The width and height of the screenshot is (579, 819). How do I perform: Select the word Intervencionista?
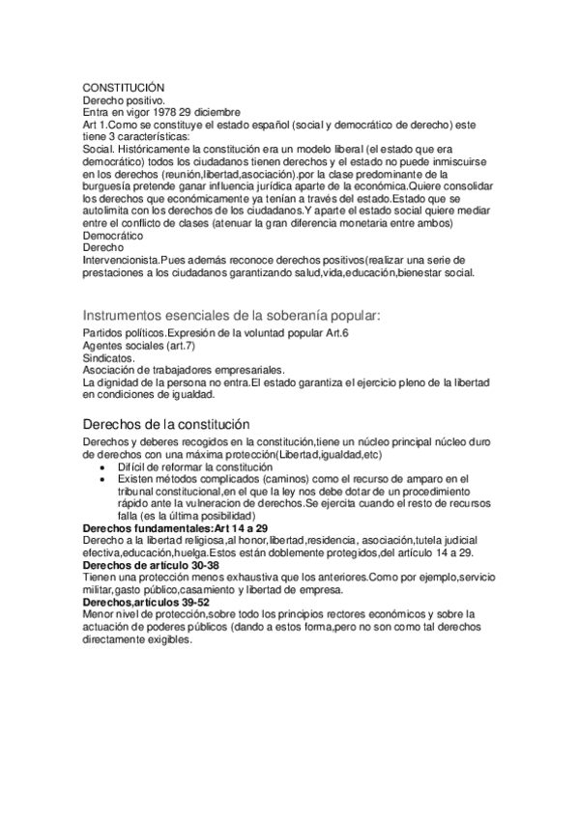point(124,261)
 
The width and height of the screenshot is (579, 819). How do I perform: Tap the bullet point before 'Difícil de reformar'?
point(103,467)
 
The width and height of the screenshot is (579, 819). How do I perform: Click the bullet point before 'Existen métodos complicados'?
point(103,479)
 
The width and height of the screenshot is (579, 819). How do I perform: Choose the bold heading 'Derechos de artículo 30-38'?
point(152,564)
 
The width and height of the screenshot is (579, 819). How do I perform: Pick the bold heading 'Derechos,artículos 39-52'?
point(146,601)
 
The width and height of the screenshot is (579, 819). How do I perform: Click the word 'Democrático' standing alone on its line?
point(113,236)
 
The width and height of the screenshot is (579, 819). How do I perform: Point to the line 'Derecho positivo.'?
point(124,99)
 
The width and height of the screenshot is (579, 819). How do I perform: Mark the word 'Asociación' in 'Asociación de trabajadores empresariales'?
point(114,369)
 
